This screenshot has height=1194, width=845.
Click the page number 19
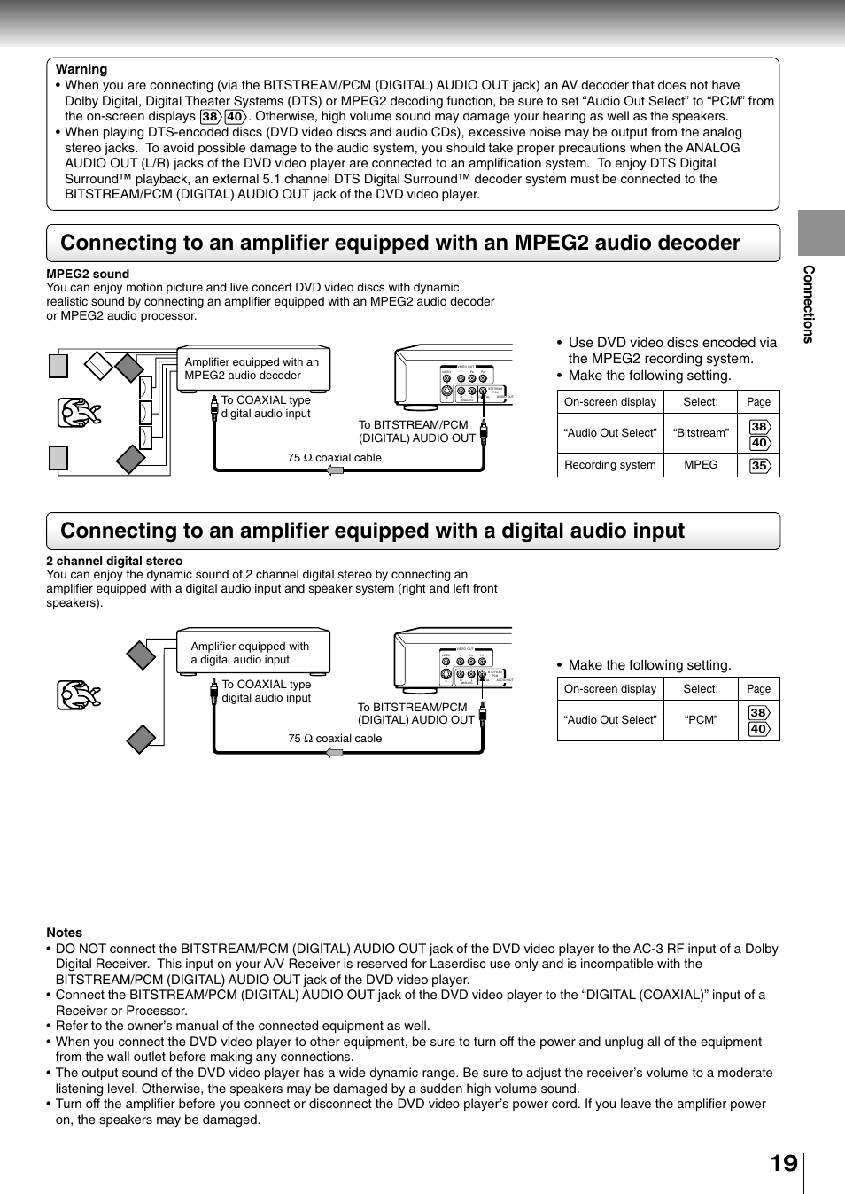(x=783, y=1163)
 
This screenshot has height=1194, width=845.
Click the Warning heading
(x=81, y=69)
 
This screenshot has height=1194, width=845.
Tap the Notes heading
(x=65, y=933)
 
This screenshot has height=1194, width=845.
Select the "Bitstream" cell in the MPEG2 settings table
(x=701, y=433)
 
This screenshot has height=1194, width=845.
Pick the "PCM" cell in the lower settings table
(x=701, y=720)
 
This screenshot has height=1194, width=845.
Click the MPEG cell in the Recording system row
(x=701, y=465)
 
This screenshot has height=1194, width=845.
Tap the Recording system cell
(x=610, y=465)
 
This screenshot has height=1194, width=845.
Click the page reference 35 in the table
(x=759, y=466)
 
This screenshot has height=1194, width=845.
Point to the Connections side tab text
(x=808, y=304)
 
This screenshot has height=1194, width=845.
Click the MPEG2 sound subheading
(x=88, y=274)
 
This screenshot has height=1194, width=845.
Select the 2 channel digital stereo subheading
(x=114, y=561)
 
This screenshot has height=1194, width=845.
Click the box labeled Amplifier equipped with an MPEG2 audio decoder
(x=253, y=368)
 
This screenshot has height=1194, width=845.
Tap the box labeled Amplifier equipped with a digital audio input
(x=253, y=653)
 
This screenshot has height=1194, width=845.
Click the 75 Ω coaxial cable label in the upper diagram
(x=334, y=458)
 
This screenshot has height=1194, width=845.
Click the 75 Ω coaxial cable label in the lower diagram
(x=335, y=739)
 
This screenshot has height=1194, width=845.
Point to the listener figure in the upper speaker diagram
(x=79, y=413)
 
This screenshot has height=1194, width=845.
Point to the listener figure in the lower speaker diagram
(x=79, y=695)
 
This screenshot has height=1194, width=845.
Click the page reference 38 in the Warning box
(x=210, y=117)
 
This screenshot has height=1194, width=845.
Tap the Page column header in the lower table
(x=758, y=689)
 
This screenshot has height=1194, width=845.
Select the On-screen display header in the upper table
(x=610, y=402)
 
